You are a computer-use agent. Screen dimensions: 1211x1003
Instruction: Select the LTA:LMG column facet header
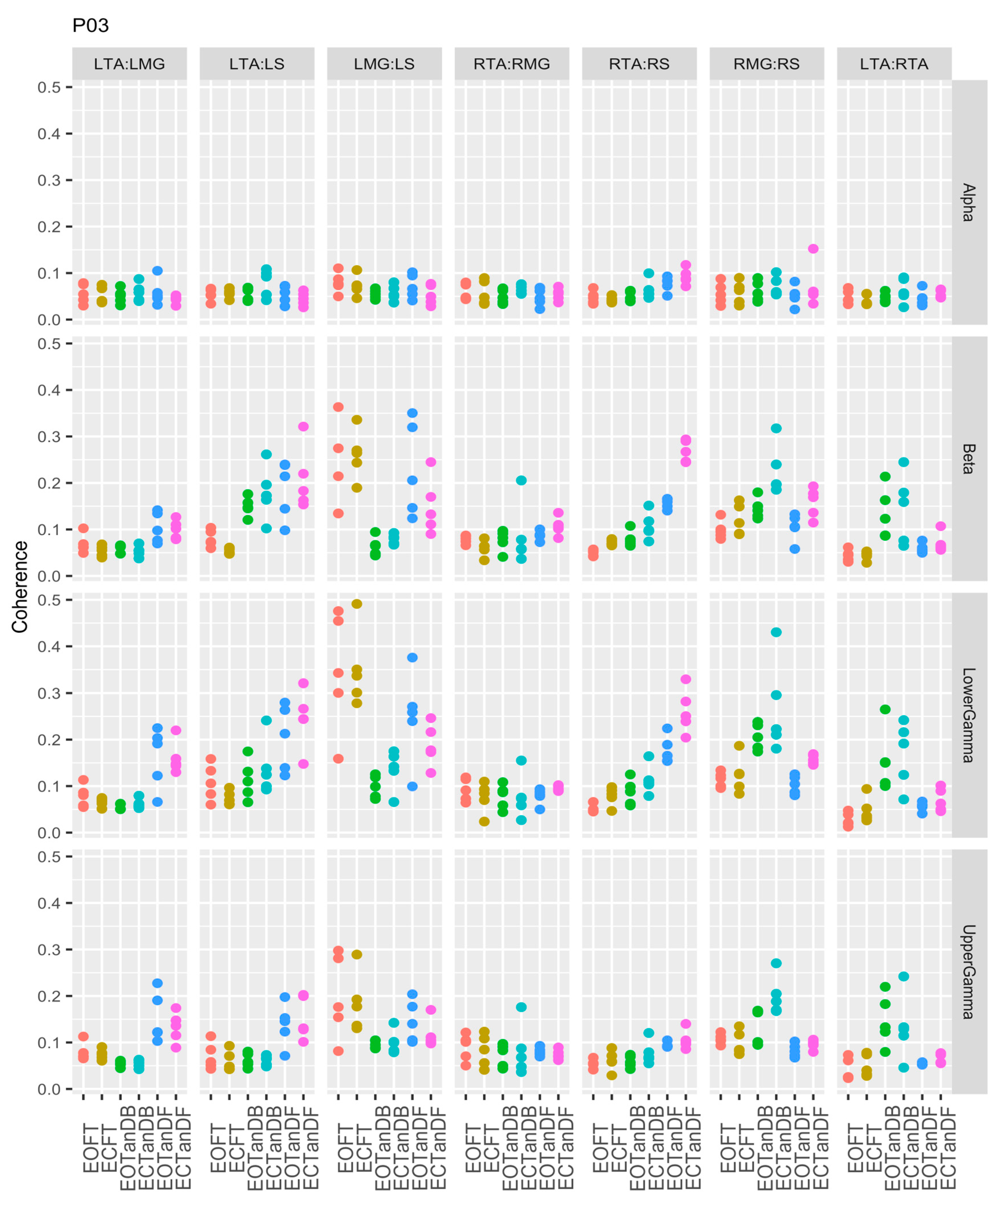click(x=129, y=64)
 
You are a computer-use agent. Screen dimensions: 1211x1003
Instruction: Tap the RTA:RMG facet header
click(x=511, y=64)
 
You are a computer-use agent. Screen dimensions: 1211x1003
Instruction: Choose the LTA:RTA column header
click(x=893, y=64)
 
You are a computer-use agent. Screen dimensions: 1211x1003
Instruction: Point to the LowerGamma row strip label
click(x=968, y=715)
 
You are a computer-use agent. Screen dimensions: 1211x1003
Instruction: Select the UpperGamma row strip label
click(x=968, y=972)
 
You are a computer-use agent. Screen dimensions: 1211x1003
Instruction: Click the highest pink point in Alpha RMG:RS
click(x=813, y=248)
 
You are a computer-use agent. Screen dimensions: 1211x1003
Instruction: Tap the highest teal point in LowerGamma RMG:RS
click(x=776, y=632)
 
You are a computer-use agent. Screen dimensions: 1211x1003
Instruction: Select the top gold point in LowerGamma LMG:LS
click(x=357, y=604)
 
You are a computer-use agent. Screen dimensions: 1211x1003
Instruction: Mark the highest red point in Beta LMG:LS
click(x=338, y=407)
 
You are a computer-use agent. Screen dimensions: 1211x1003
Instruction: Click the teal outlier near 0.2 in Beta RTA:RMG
click(x=521, y=480)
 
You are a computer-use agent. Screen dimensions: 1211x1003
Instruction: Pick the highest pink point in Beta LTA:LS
click(x=303, y=427)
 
